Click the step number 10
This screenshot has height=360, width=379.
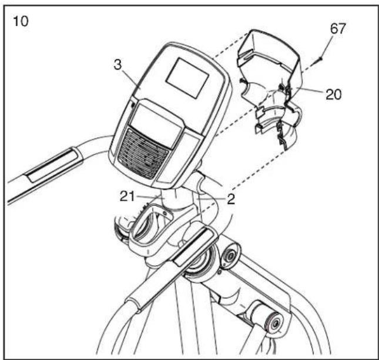click(x=21, y=21)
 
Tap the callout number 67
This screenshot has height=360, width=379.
click(x=338, y=29)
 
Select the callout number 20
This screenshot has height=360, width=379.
click(x=334, y=94)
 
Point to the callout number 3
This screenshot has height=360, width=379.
click(x=118, y=65)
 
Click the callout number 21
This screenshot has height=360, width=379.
click(x=127, y=196)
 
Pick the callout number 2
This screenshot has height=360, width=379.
click(x=231, y=199)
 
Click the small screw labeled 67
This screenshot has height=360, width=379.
click(x=320, y=58)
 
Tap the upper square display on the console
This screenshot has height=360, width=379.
click(x=187, y=78)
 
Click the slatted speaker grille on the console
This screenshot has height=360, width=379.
click(x=143, y=153)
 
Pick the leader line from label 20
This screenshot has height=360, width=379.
click(x=308, y=91)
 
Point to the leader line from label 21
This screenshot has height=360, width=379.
click(x=148, y=196)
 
